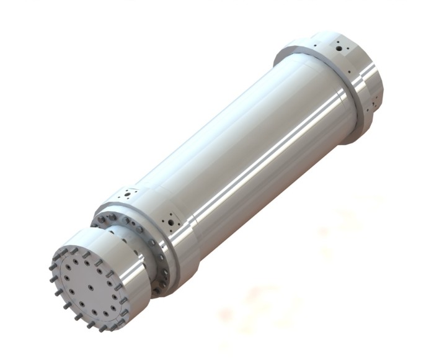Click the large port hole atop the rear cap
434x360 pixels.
tap(339, 45)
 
